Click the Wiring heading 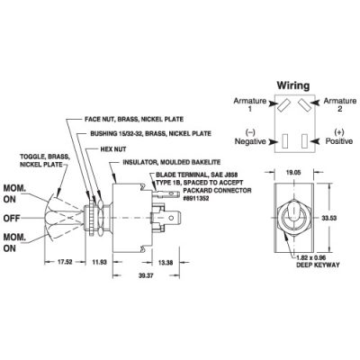[292, 85]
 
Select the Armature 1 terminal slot [283, 105]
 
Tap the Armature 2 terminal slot [303, 105]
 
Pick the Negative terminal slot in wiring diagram [285, 140]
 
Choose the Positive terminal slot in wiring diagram [305, 140]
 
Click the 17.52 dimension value [65, 262]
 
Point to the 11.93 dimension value [99, 262]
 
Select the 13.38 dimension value [166, 263]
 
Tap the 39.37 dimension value [146, 275]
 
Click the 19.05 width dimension [293, 173]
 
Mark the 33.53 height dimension [329, 218]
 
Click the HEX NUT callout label [113, 149]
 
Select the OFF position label [12, 218]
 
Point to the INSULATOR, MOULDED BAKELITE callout [172, 162]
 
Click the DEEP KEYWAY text [318, 265]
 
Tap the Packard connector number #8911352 [196, 198]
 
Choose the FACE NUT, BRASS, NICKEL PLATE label [134, 119]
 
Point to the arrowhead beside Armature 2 [314, 103]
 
